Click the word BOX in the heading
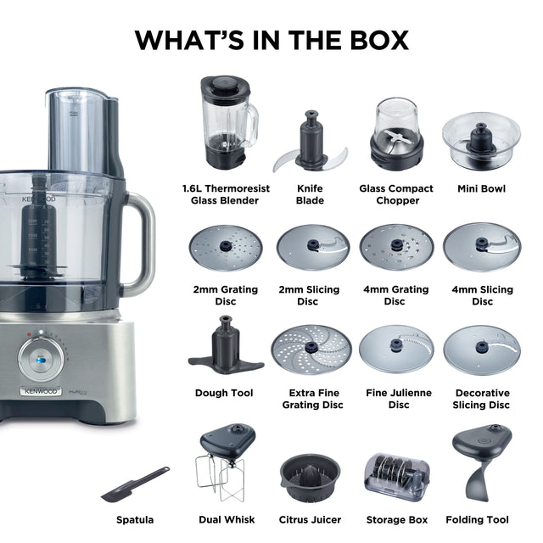pos(379,40)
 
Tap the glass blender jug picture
pos(228,122)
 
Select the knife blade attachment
pos(311,143)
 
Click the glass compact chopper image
pos(396,134)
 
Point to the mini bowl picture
pos(481,141)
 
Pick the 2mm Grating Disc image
pos(226,248)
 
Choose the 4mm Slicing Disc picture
pos(482,246)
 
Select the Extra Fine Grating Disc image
pos(311,350)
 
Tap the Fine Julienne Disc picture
pos(396,349)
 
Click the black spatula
pos(135,484)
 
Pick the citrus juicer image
pos(311,478)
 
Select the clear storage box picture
pos(397,477)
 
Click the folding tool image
pos(482,462)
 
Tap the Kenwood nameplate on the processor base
pos(41,391)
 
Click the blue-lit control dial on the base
pos(41,359)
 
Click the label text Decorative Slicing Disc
pos(482,399)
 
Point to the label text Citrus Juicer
pos(310,520)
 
